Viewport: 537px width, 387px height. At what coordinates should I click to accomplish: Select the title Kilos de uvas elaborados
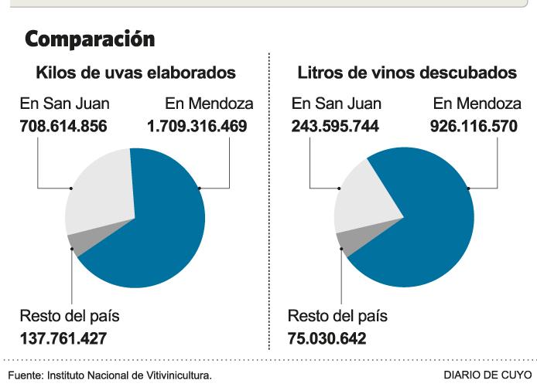(135, 73)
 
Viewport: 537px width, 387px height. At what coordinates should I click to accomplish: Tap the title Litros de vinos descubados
(407, 73)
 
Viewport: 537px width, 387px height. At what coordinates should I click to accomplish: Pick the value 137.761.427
(63, 338)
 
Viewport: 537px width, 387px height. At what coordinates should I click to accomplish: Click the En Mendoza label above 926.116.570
(474, 103)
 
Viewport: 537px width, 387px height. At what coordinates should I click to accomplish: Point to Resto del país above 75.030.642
(337, 317)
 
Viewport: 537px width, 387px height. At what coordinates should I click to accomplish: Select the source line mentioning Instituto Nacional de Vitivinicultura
(108, 375)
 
